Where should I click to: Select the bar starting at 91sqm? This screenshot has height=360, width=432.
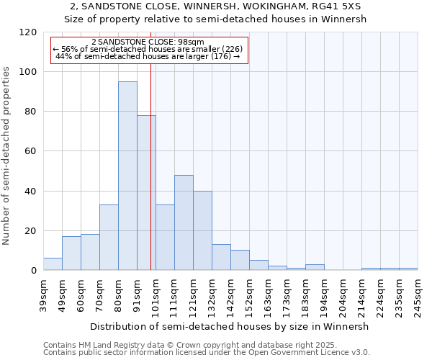146,193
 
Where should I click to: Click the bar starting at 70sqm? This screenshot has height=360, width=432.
109,238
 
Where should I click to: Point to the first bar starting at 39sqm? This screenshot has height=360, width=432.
53,264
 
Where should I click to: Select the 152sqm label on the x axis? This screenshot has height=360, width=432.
249,296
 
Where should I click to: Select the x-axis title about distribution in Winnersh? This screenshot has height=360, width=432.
229,326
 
